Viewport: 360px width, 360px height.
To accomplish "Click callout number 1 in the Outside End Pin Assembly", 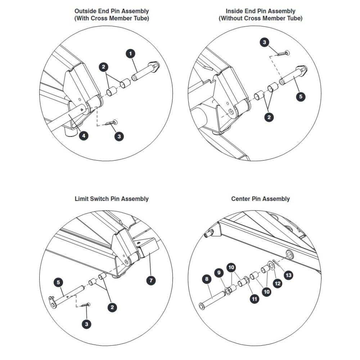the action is pos(131,54).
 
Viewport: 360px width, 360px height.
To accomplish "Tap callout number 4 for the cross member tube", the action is pos(84,136).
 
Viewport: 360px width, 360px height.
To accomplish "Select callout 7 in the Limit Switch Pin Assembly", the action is pos(151,280).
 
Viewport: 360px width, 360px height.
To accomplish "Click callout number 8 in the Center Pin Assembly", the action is pos(207,279).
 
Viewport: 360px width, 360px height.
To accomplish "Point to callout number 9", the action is pos(219,273).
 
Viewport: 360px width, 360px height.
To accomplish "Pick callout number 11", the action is pos(255,299).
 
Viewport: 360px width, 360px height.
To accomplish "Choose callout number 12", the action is pos(278,284).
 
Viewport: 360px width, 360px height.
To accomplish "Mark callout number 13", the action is pos(289,275).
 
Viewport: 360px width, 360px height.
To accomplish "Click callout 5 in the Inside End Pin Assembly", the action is pos(301,96).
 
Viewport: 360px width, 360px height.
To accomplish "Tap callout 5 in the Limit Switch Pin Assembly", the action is pos(58,282).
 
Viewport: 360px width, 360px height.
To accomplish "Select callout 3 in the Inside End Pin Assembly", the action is pos(265,42).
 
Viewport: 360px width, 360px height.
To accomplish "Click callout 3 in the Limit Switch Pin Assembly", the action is pos(86,324).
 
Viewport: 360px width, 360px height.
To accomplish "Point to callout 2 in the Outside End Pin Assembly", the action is pos(104,67).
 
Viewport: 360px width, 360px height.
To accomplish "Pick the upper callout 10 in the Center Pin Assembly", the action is pos(231,267).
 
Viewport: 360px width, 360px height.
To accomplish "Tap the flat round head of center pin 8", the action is pos(202,306).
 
